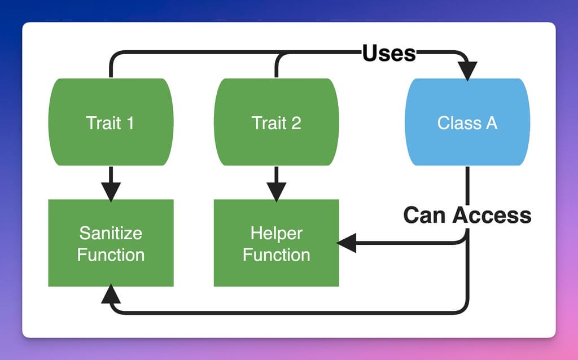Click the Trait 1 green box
[111, 122]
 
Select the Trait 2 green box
[276, 122]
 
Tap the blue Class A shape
[467, 122]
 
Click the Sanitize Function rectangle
[111, 243]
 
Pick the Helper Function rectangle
[276, 243]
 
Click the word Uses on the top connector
[389, 54]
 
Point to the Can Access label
[467, 215]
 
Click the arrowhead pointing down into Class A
[467, 71]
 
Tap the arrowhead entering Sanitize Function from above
[111, 192]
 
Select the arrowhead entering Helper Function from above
[276, 192]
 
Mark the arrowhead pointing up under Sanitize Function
[111, 294]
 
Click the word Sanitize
[111, 233]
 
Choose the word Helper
[276, 233]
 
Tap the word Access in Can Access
[492, 215]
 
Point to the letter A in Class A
[491, 122]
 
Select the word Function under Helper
[276, 254]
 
